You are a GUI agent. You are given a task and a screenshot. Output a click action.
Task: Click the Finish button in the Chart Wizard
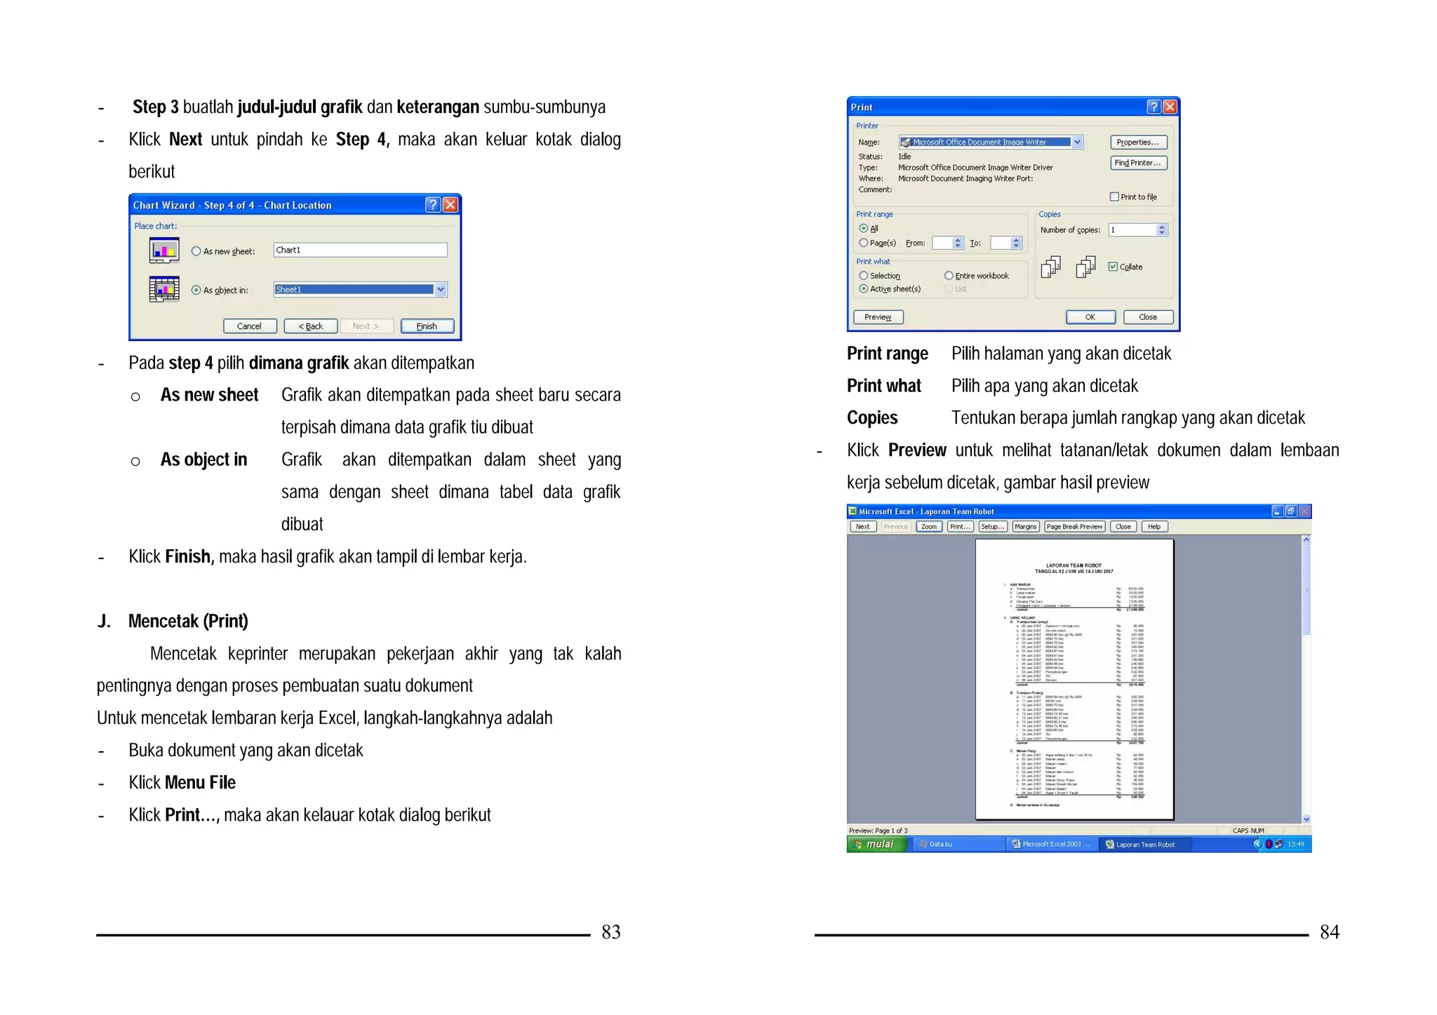pyautogui.click(x=427, y=326)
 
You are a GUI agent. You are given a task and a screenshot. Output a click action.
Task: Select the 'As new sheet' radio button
pyautogui.click(x=196, y=251)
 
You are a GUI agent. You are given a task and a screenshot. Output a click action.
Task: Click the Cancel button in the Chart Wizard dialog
pyautogui.click(x=249, y=326)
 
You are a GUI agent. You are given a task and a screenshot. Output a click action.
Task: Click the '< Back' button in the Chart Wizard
pyautogui.click(x=310, y=326)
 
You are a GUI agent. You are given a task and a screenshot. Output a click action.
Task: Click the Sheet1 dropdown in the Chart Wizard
pyautogui.click(x=360, y=289)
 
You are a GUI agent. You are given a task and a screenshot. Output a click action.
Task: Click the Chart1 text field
pyautogui.click(x=360, y=250)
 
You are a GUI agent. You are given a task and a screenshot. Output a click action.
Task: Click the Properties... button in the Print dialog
pyautogui.click(x=1138, y=142)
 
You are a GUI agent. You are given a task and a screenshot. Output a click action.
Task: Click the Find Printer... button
pyautogui.click(x=1138, y=163)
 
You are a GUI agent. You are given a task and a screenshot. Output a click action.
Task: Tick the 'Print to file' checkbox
pyautogui.click(x=1114, y=197)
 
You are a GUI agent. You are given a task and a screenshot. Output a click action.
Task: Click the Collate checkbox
pyautogui.click(x=1113, y=267)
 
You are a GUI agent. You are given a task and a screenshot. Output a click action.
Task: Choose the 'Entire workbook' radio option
pyautogui.click(x=949, y=276)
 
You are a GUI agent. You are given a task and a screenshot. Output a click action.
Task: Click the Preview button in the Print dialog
pyautogui.click(x=878, y=317)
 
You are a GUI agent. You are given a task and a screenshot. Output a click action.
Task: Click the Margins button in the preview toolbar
pyautogui.click(x=1025, y=527)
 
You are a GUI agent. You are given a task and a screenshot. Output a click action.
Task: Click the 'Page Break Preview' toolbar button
pyautogui.click(x=1074, y=527)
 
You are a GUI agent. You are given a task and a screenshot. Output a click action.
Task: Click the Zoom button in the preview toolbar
pyautogui.click(x=929, y=527)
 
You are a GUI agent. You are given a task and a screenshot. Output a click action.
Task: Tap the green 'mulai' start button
pyautogui.click(x=877, y=845)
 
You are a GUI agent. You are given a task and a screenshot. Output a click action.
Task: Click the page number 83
pyautogui.click(x=610, y=932)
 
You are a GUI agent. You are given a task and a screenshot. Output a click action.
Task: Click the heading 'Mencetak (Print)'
pyautogui.click(x=188, y=621)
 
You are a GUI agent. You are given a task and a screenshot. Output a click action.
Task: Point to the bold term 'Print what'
pyautogui.click(x=883, y=386)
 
